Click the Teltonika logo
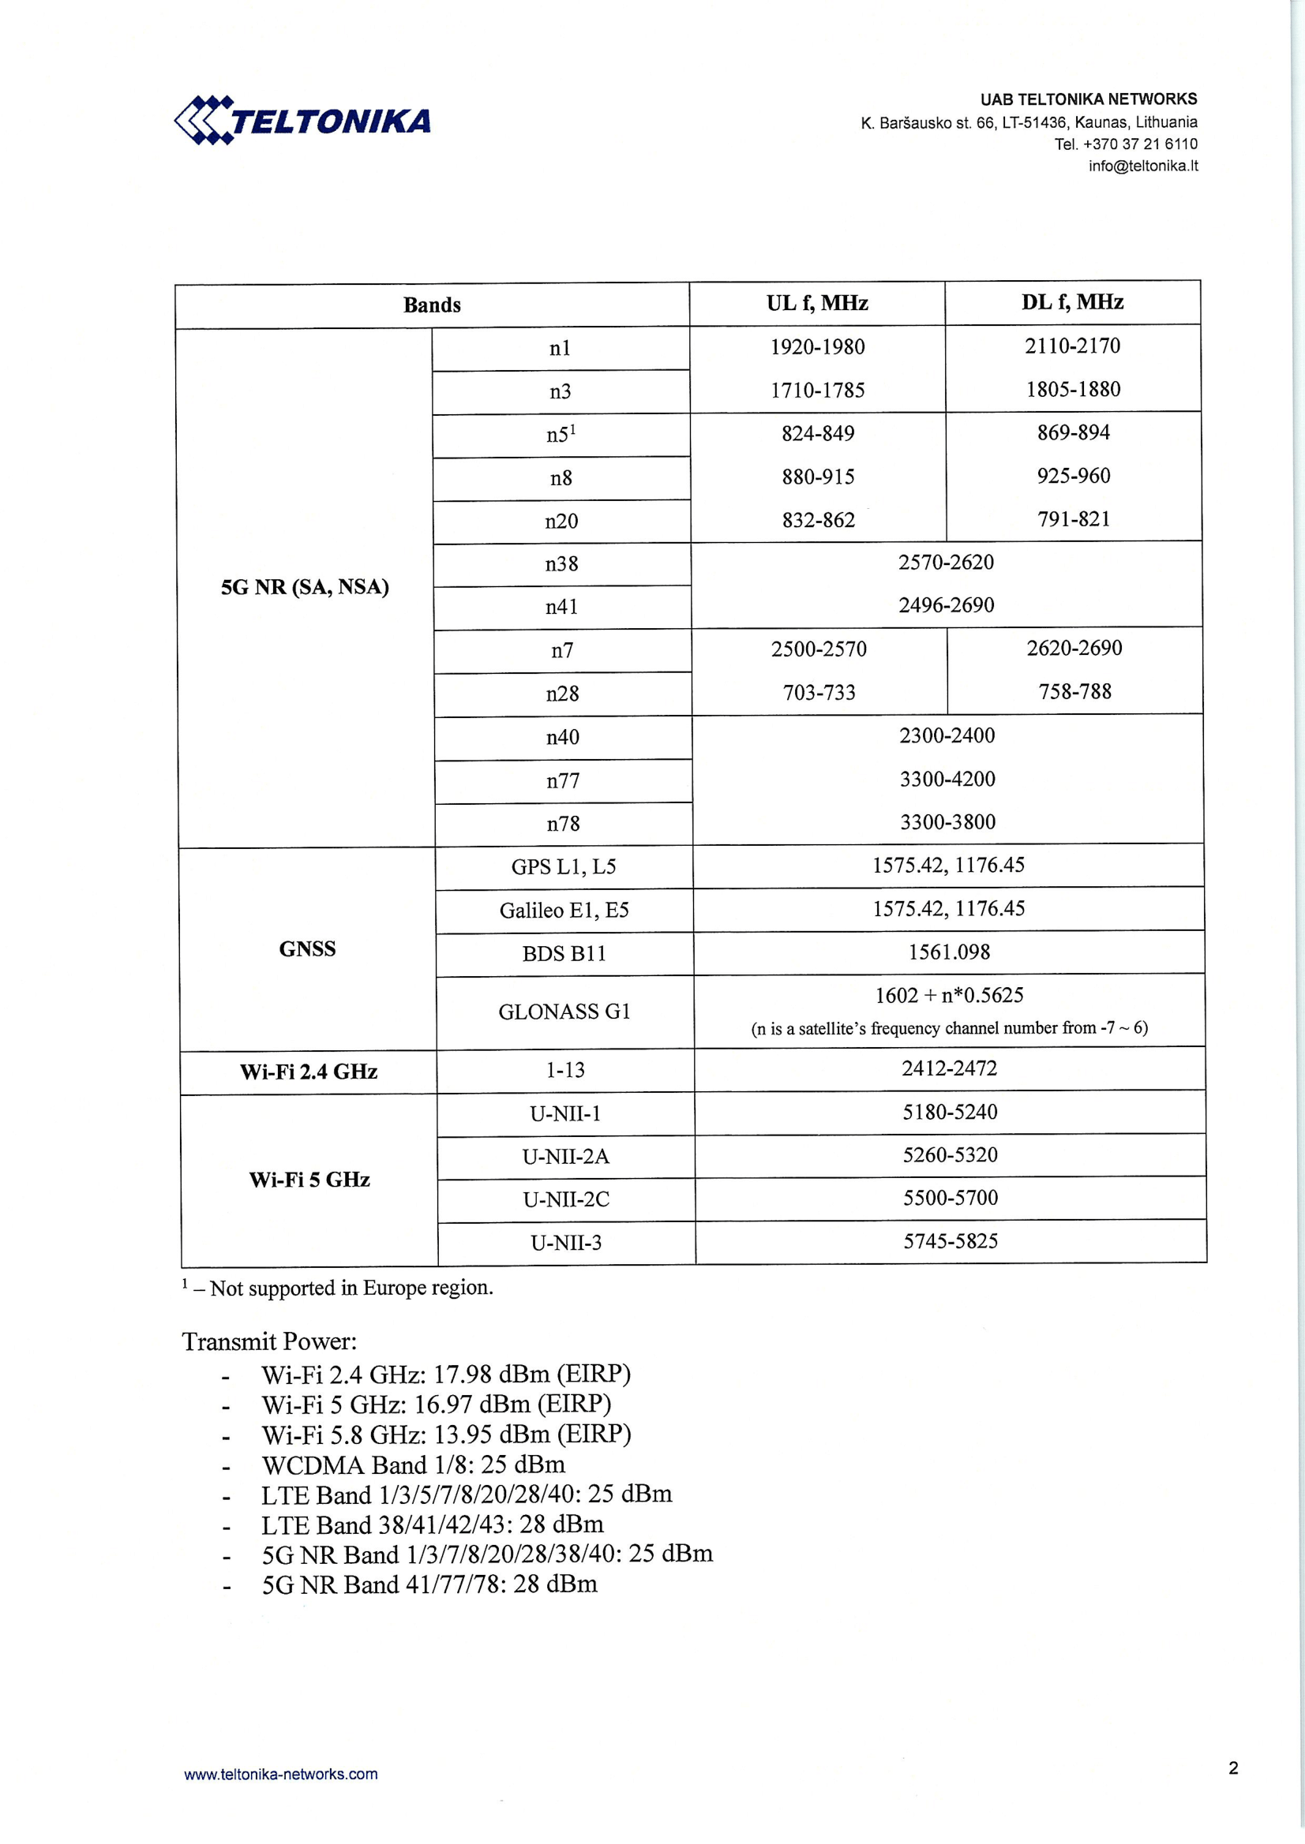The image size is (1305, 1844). [x=302, y=121]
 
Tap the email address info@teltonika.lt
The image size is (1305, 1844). [x=1142, y=166]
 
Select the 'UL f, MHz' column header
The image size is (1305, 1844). [x=816, y=303]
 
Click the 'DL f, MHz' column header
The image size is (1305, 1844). [x=1072, y=302]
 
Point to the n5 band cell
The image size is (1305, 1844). [x=561, y=436]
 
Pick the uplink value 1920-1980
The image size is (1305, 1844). [x=817, y=347]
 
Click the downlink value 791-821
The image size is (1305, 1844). [x=1074, y=520]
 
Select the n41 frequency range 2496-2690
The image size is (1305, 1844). [x=946, y=605]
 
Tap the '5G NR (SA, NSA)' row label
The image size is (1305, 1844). [x=305, y=587]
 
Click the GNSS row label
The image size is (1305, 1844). [x=307, y=949]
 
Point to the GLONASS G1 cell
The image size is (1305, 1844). [x=564, y=1012]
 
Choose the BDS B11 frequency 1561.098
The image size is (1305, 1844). [x=949, y=952]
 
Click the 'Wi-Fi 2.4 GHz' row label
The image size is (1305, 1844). [x=309, y=1072]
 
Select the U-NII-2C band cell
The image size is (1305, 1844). [x=566, y=1200]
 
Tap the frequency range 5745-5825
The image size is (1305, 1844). [x=950, y=1242]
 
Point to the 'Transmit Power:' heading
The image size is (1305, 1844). [x=269, y=1342]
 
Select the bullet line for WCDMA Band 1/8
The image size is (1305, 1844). [x=413, y=1465]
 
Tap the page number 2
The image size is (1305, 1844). [x=1232, y=1767]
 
